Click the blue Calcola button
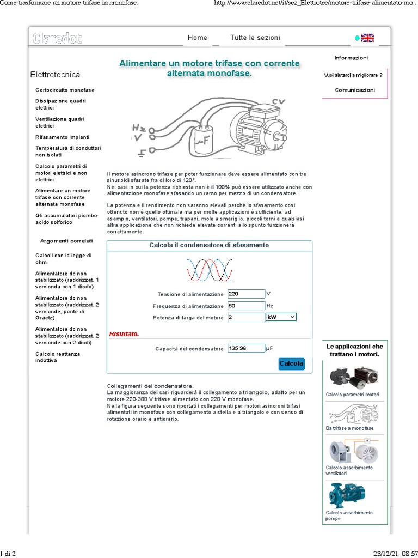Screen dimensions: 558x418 pyautogui.click(x=291, y=363)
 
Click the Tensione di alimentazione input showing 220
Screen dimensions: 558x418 pyautogui.click(x=247, y=294)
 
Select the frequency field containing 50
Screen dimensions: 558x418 pyautogui.click(x=247, y=306)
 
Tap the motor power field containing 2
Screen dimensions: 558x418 pyautogui.click(x=247, y=317)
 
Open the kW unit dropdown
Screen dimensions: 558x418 pyautogui.click(x=281, y=317)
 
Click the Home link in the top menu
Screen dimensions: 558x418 pyautogui.click(x=197, y=38)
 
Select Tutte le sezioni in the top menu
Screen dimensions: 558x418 pyautogui.click(x=255, y=38)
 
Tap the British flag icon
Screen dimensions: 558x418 pyautogui.click(x=368, y=38)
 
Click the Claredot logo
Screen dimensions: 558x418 pyautogui.click(x=57, y=38)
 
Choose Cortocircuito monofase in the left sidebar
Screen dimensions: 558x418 pyautogui.click(x=65, y=90)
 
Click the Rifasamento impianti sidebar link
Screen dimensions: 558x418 pyautogui.click(x=62, y=137)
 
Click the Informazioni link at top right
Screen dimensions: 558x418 pyautogui.click(x=351, y=58)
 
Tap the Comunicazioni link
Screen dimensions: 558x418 pyautogui.click(x=355, y=90)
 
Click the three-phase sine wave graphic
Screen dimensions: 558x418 pyautogui.click(x=210, y=270)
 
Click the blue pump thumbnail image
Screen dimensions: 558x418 pyautogui.click(x=343, y=496)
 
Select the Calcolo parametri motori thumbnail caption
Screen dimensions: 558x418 pyautogui.click(x=352, y=395)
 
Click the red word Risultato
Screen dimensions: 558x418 pyautogui.click(x=124, y=334)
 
